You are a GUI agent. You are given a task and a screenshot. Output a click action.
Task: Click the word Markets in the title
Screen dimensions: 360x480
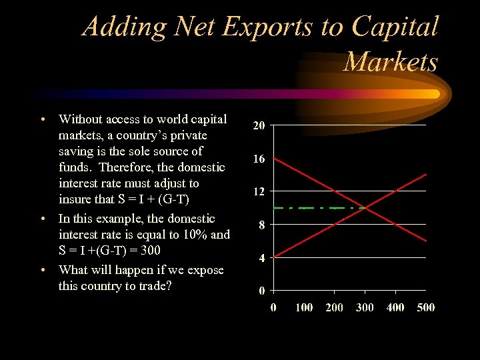pos(391,62)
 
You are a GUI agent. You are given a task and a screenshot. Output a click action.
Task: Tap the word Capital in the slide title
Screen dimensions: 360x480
pos(395,27)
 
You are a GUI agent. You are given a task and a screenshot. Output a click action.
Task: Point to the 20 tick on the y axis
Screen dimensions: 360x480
pos(259,125)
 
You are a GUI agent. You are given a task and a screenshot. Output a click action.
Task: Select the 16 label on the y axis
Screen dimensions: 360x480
pos(259,159)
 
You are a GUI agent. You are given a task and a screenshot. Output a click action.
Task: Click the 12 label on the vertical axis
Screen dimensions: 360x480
pos(259,191)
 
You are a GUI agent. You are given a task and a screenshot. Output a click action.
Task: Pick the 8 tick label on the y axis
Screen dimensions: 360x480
pos(262,225)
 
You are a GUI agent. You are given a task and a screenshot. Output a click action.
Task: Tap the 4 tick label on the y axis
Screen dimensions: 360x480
pos(262,257)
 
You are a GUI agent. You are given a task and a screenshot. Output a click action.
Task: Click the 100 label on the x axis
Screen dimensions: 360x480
pos(304,307)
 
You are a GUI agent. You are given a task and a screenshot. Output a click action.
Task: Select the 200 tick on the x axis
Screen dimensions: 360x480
pos(335,307)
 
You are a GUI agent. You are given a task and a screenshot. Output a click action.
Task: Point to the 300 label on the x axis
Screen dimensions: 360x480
pos(365,307)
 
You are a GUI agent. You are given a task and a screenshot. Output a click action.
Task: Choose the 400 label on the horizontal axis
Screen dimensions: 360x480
pos(395,307)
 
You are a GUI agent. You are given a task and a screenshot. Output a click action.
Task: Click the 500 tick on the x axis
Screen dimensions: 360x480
pos(425,307)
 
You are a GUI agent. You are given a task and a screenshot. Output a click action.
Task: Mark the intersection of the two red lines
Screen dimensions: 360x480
pos(365,207)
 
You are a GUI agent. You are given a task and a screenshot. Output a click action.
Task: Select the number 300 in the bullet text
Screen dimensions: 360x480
pos(149,251)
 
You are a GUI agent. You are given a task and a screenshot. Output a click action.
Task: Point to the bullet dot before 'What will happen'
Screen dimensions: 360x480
pos(43,270)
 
